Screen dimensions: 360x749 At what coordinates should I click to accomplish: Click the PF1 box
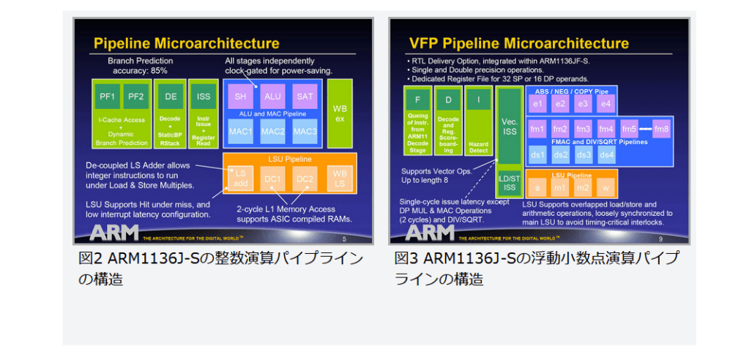pyautogui.click(x=108, y=96)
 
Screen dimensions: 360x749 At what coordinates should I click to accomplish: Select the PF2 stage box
pyautogui.click(x=135, y=96)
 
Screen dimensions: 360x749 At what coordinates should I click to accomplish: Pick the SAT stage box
pyautogui.click(x=304, y=96)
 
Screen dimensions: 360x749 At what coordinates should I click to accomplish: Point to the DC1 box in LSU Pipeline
pyautogui.click(x=272, y=179)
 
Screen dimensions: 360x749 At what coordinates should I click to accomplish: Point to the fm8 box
pyautogui.click(x=662, y=129)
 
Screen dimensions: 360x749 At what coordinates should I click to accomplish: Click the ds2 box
pyautogui.click(x=560, y=155)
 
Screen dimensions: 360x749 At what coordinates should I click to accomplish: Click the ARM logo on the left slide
pyautogui.click(x=113, y=233)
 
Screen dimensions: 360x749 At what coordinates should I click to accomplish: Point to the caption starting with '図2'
pyautogui.click(x=220, y=268)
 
